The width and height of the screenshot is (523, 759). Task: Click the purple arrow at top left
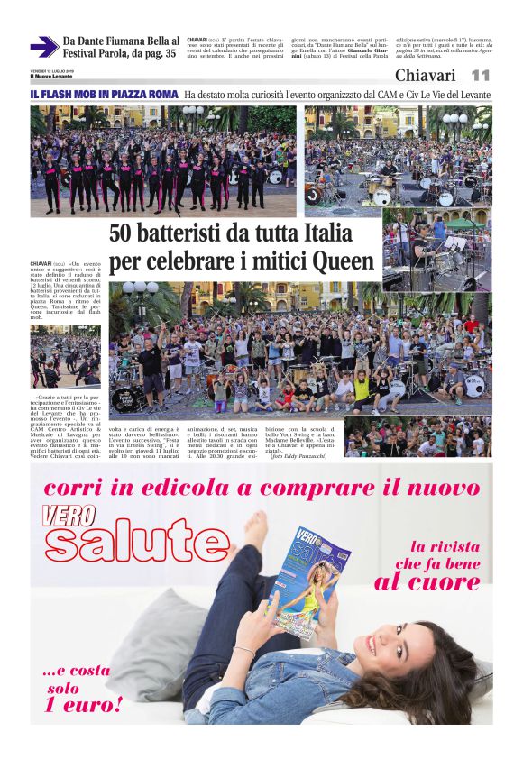pyautogui.click(x=43, y=46)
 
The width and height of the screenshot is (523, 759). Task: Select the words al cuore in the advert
pyautogui.click(x=427, y=581)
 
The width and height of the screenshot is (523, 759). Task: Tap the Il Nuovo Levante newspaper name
pyautogui.click(x=50, y=76)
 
